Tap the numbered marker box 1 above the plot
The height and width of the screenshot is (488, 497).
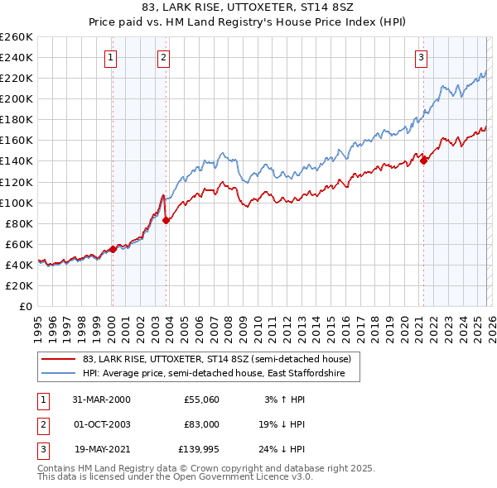[x=110, y=57]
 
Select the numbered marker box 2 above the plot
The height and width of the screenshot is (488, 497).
[x=164, y=57]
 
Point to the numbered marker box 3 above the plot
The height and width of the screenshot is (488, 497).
[x=422, y=57]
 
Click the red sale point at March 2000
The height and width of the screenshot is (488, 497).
[x=113, y=248]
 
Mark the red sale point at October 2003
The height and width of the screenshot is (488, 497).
[x=166, y=220]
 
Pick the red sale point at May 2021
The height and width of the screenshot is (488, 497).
[x=424, y=160]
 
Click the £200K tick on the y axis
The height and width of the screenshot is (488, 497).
[x=17, y=98]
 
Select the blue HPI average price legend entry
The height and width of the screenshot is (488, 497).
[x=220, y=374]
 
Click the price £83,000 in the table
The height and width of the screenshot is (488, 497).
[x=201, y=424]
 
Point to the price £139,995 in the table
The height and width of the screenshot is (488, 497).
[x=198, y=449]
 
